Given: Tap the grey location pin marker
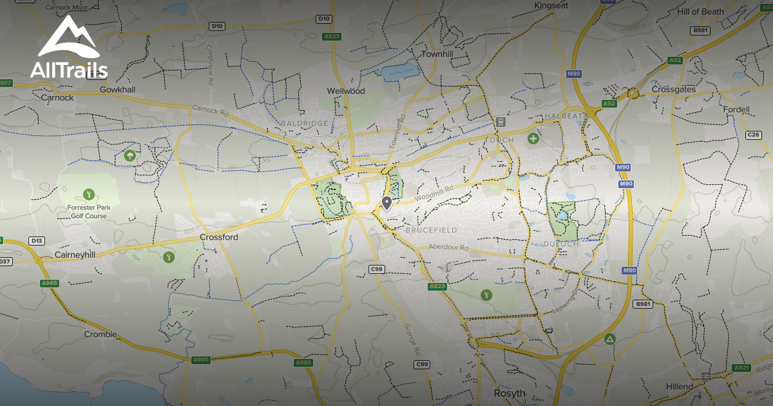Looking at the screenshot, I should coord(386,203).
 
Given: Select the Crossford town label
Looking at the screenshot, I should coord(218,237).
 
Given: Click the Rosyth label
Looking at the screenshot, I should coord(510,393).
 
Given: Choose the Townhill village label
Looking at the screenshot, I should coord(437,54).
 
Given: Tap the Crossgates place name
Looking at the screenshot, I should coord(674,89).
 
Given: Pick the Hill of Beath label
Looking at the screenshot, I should coord(700,12).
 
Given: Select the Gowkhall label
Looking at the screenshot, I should coord(117,90).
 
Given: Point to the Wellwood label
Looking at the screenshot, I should coord(346,91).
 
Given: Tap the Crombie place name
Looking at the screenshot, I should coord(100,334).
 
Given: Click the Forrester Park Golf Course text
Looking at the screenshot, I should coord(89,211).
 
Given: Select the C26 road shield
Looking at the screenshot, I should coord(753,135).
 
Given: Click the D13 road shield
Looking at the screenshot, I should coord(37,241).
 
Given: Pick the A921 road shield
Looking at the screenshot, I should coord(741,368).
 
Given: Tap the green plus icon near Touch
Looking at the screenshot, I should coord(533,138).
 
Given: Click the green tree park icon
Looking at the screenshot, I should coord(130,155).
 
